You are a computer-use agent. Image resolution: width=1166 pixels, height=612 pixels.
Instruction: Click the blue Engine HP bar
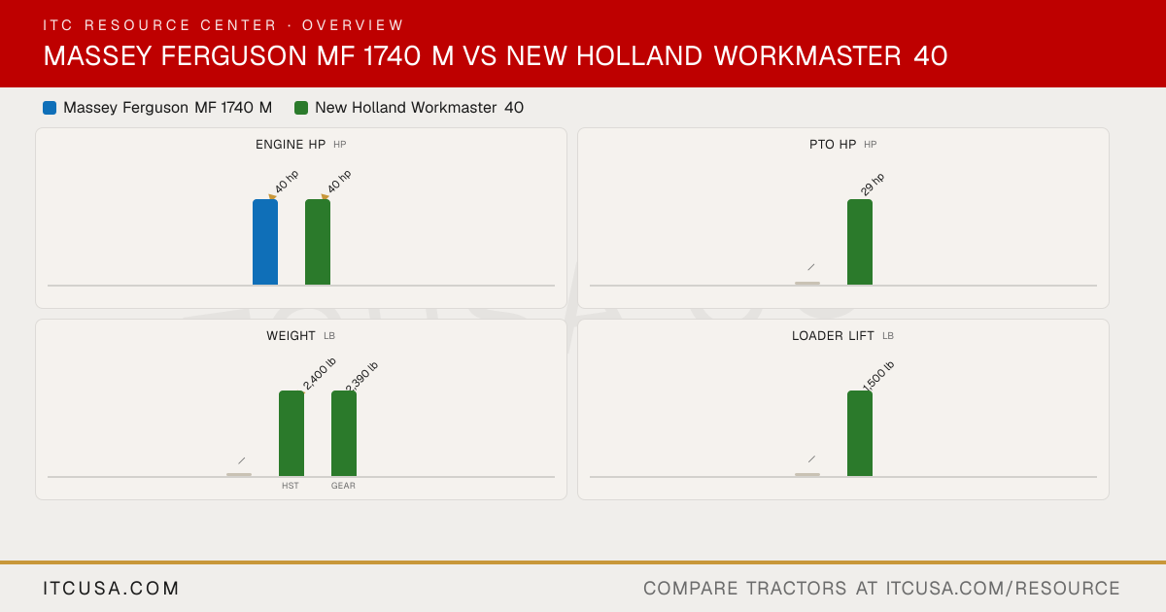[x=265, y=242]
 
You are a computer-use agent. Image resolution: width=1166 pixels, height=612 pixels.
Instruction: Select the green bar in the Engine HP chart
[x=318, y=242]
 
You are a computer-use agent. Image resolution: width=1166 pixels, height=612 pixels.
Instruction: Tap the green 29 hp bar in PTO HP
[x=859, y=242]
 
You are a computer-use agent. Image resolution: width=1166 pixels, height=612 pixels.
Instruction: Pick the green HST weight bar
[x=291, y=433]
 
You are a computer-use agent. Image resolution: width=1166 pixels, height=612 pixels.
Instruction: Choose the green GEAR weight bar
[x=344, y=433]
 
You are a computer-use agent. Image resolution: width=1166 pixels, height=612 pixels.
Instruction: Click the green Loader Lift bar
[x=859, y=433]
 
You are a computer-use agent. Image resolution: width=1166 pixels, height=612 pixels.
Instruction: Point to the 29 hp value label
[x=872, y=185]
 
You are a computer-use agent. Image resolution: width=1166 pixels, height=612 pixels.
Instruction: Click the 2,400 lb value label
[x=319, y=373]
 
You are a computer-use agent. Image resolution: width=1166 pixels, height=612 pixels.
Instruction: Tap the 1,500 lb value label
[x=878, y=376]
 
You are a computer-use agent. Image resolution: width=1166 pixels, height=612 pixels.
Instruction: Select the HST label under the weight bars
[x=291, y=486]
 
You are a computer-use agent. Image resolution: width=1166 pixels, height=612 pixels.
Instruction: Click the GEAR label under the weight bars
[x=343, y=486]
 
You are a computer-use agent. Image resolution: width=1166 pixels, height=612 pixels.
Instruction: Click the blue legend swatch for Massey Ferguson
[x=50, y=108]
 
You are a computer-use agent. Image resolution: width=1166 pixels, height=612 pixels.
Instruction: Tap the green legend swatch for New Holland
[x=301, y=108]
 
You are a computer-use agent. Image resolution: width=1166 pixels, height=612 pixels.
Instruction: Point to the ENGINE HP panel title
[x=291, y=144]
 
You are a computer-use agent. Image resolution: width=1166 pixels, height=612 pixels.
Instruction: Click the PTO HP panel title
[x=833, y=144]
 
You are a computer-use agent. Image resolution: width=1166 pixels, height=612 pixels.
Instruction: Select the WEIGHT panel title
[x=291, y=336]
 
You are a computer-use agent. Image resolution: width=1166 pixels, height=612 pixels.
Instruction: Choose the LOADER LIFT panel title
[x=833, y=336]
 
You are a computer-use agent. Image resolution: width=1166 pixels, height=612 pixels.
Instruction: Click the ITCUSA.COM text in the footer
[x=111, y=588]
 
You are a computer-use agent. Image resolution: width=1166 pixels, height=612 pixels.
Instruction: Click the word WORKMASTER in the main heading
[x=807, y=55]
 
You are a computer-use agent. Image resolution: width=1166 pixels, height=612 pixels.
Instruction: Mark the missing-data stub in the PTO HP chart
[x=807, y=283]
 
